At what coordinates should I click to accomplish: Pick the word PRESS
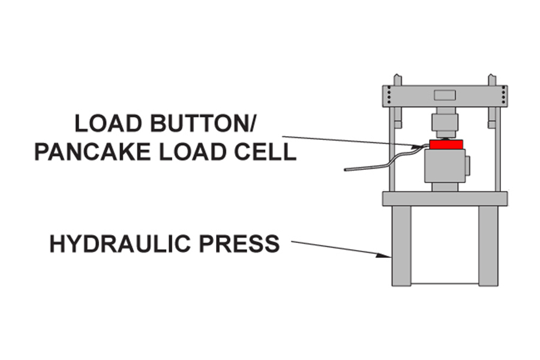coord(245,244)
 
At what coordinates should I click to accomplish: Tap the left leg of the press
coord(401,246)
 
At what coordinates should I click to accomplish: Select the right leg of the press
coord(488,246)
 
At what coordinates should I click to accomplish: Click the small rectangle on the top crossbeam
coord(445,95)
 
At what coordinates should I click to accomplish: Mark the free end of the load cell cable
coord(346,170)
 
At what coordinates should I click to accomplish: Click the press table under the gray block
coord(445,199)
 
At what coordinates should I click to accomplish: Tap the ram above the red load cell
coord(445,123)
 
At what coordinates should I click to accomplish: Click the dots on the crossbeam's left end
coord(389,96)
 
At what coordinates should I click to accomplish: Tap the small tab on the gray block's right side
coord(468,166)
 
